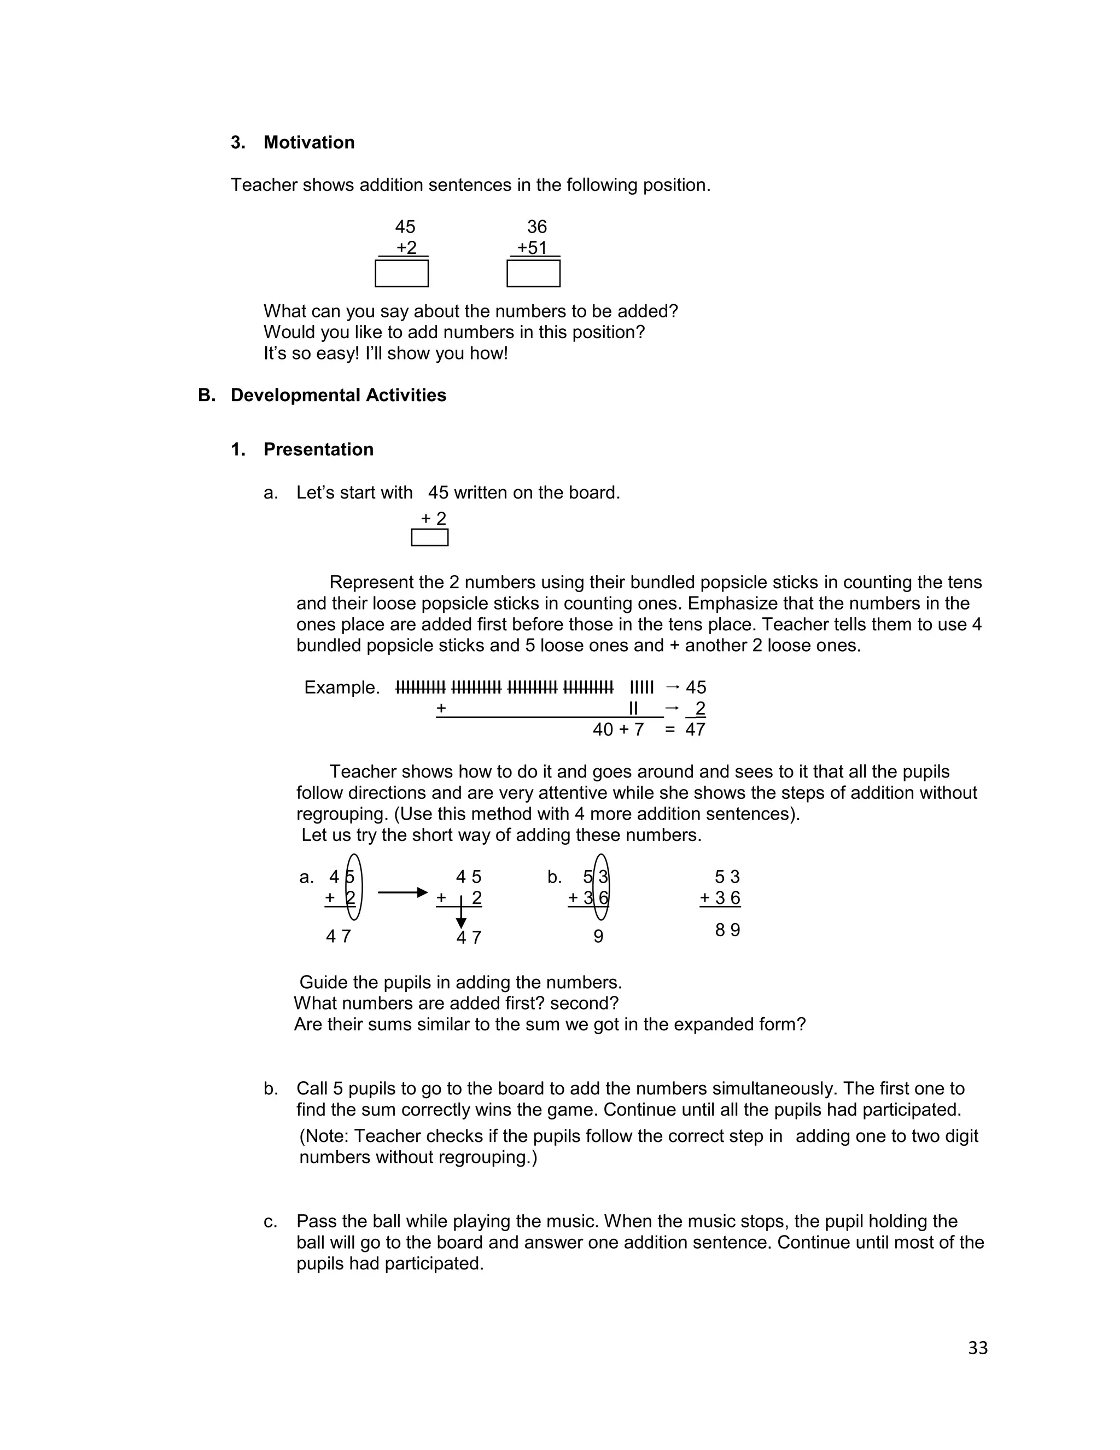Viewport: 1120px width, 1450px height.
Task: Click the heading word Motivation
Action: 308,143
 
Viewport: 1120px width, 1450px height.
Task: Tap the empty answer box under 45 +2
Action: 401,274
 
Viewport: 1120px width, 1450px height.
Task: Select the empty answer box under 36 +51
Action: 533,274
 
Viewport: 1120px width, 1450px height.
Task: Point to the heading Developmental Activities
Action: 338,395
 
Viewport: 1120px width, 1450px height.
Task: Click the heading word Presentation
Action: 318,449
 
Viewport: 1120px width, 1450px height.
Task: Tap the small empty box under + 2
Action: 429,537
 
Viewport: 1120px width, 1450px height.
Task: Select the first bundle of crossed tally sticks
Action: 421,687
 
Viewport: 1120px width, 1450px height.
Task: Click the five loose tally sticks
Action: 641,687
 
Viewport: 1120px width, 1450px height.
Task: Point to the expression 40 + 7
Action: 618,729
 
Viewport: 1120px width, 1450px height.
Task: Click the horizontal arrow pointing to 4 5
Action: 402,892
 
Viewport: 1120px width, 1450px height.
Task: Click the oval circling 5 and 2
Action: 354,888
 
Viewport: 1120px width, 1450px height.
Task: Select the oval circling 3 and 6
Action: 600,888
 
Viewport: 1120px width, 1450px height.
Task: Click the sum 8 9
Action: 727,930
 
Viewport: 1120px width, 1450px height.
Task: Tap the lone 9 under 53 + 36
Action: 598,937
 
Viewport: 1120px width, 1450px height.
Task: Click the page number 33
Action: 977,1348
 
